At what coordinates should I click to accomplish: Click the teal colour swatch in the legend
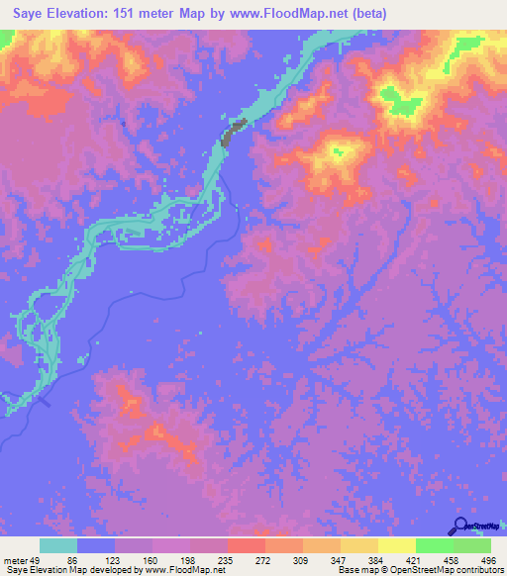pyautogui.click(x=58, y=545)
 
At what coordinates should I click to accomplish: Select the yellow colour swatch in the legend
pyautogui.click(x=396, y=545)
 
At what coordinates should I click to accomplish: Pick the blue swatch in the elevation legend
pyautogui.click(x=96, y=545)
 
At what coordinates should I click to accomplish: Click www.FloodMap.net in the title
pyautogui.click(x=300, y=14)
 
